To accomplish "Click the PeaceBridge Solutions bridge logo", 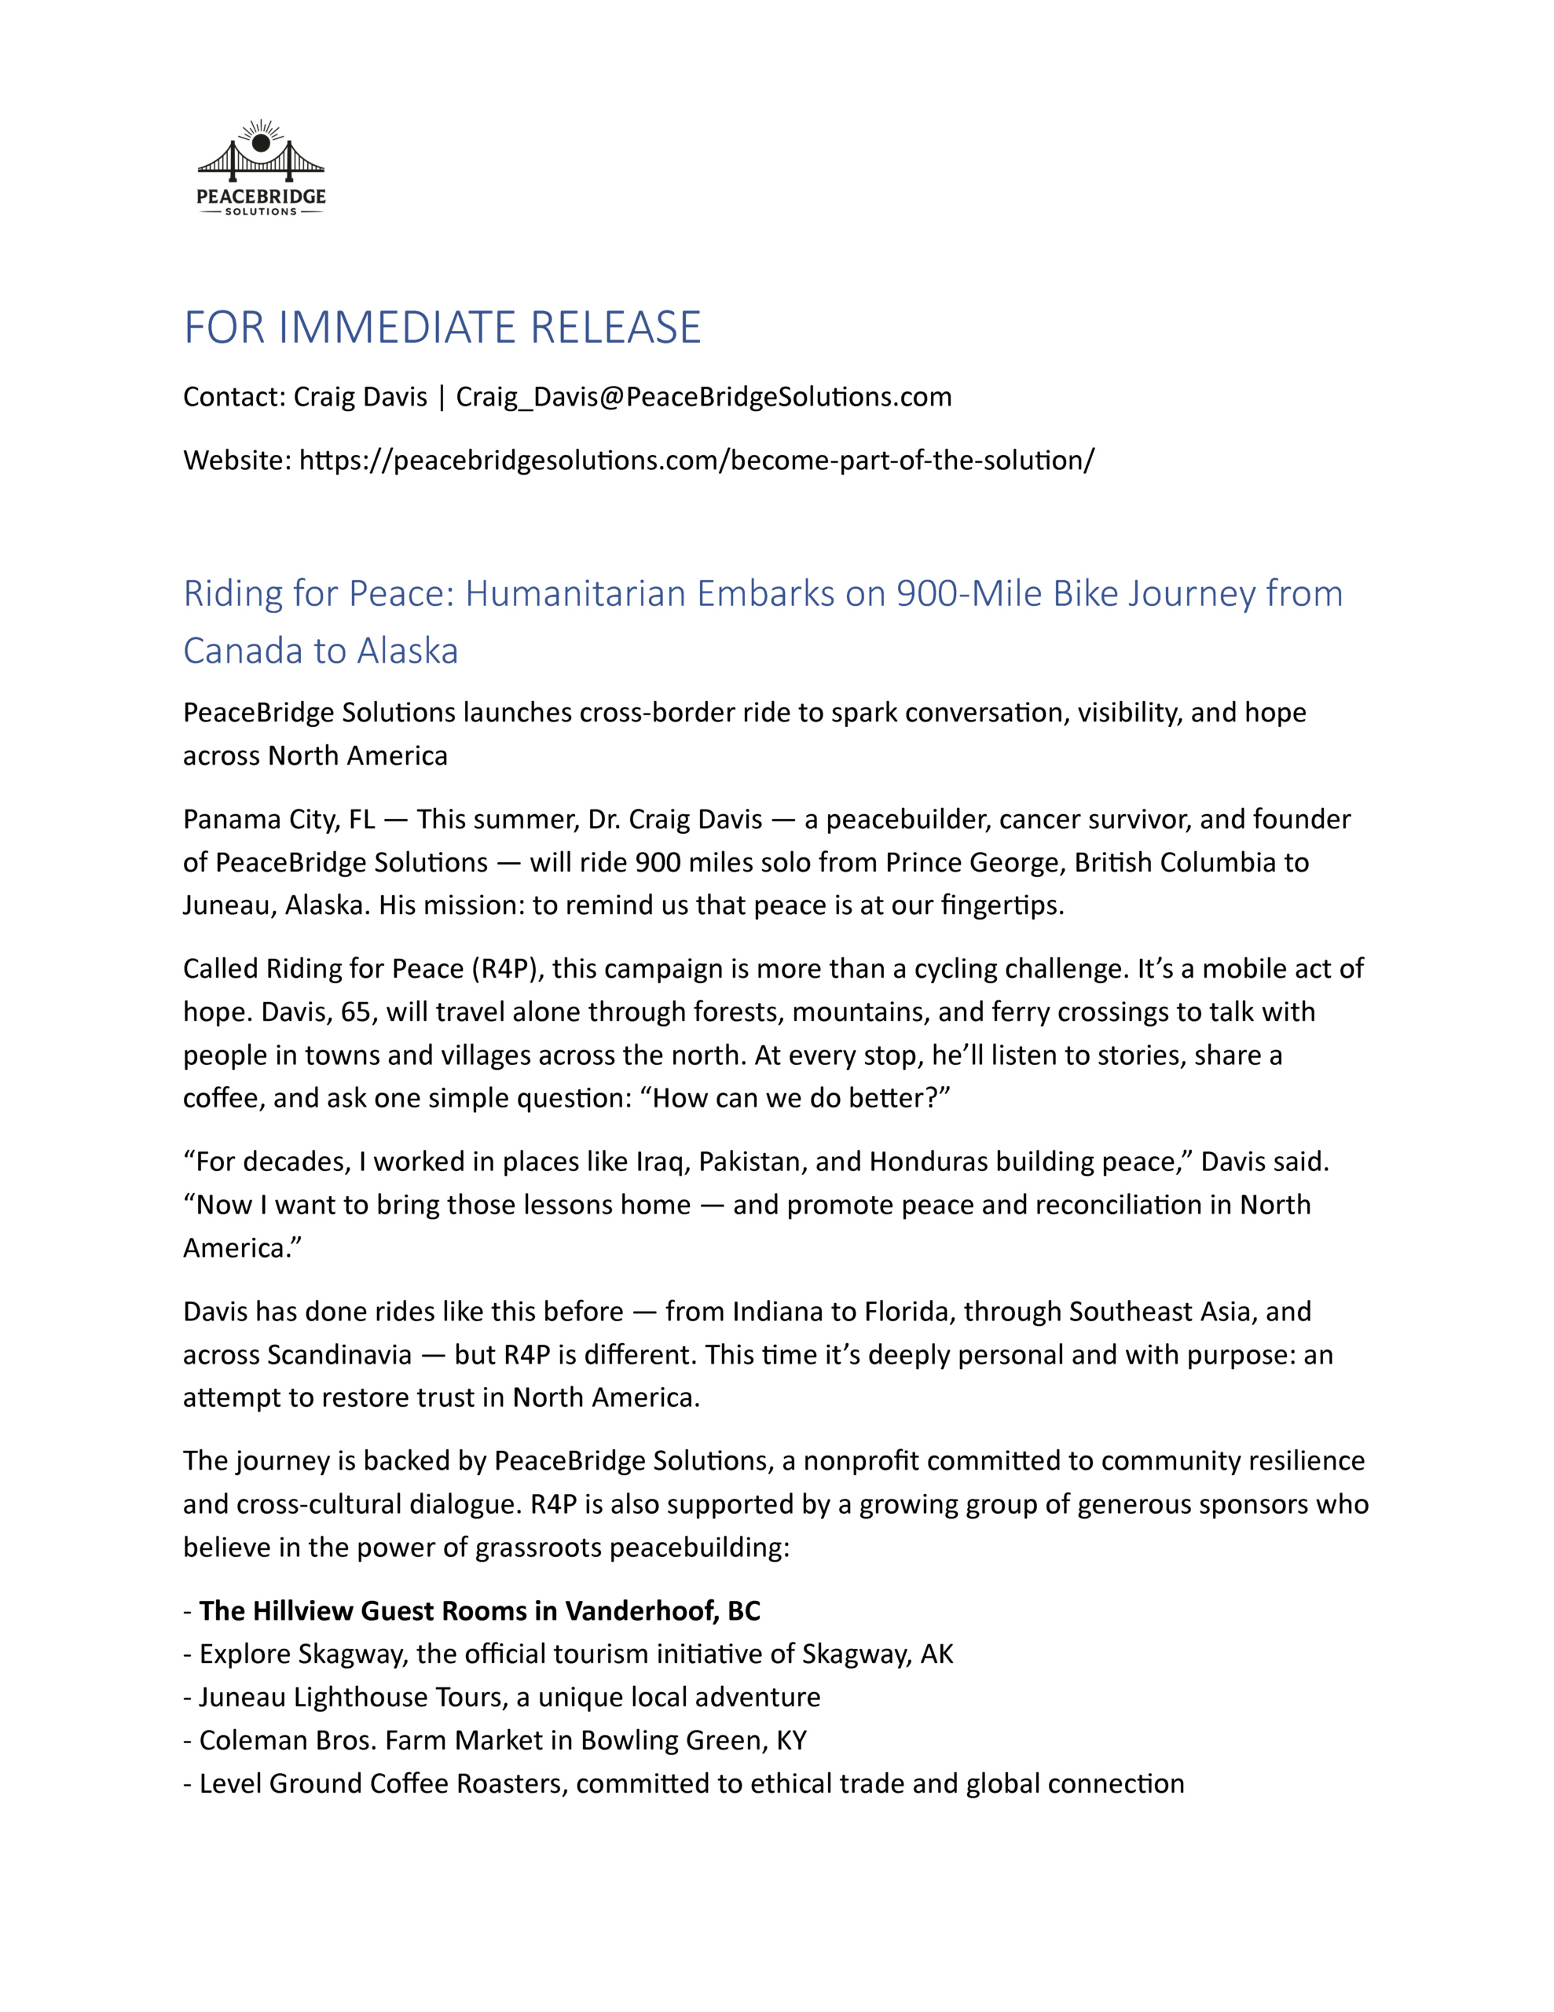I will point(261,167).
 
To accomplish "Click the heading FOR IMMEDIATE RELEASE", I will point(442,328).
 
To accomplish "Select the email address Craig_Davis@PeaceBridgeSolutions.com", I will point(704,397).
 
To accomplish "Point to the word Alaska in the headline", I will point(407,652).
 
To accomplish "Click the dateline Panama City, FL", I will point(279,819).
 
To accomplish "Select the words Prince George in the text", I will point(975,862).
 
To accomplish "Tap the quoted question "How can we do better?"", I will point(801,1098).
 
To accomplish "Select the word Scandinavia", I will point(338,1355).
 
